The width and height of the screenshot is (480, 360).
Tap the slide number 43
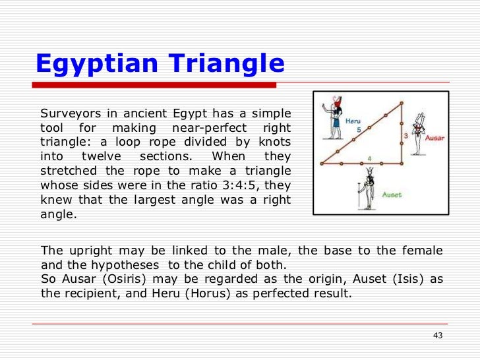(437, 336)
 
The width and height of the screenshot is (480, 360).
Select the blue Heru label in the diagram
(353, 121)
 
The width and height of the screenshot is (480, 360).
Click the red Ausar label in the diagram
(434, 138)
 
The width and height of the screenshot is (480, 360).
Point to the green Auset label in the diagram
(392, 195)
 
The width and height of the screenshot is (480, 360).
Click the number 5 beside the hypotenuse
(359, 131)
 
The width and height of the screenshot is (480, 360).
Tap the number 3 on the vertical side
(405, 135)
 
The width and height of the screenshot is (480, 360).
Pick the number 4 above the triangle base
(369, 158)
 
